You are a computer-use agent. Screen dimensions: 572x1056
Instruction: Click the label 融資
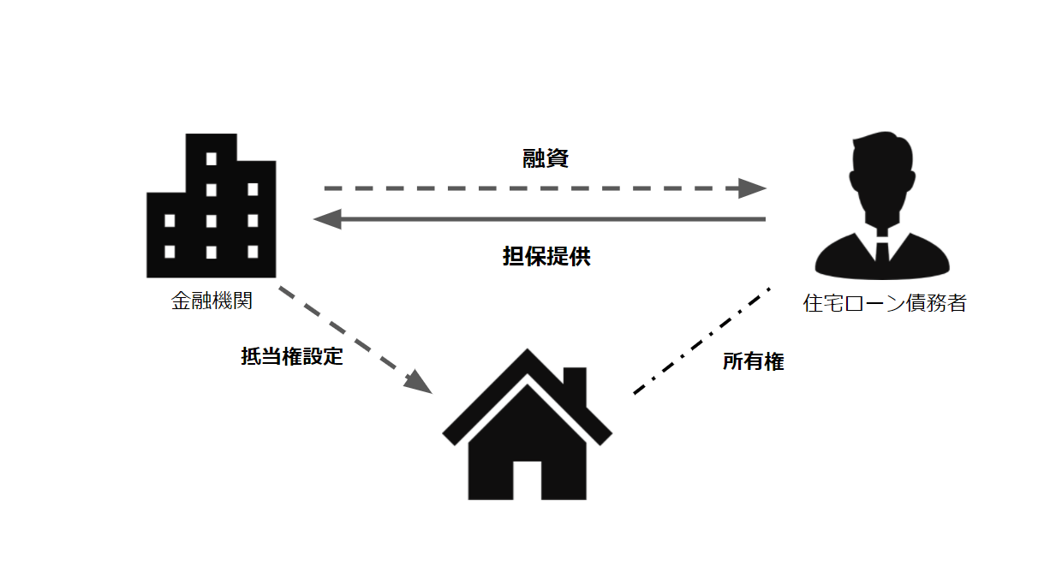[546, 158]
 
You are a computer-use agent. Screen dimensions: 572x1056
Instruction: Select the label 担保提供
[546, 257]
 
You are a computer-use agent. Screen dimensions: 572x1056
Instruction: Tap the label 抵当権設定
[292, 357]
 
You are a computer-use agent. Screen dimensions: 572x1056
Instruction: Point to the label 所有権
[753, 362]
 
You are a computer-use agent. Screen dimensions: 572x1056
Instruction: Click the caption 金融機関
[212, 302]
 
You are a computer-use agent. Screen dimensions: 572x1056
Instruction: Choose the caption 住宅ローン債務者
[884, 303]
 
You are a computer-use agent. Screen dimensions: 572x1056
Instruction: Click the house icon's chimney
[575, 379]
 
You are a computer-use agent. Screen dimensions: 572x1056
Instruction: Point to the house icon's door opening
[527, 480]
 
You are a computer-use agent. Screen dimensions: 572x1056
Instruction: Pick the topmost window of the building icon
[212, 158]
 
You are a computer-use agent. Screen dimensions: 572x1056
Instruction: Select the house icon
[527, 428]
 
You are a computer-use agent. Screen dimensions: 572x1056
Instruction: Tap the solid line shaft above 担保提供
[548, 219]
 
